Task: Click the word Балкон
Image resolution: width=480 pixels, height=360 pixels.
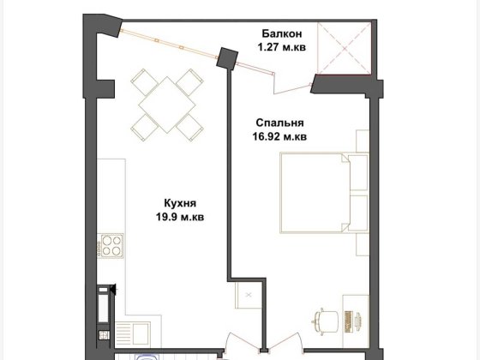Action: pos(282,33)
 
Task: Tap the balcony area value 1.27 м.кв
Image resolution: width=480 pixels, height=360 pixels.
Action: pos(282,47)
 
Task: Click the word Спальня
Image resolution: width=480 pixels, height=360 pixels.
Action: pos(279,123)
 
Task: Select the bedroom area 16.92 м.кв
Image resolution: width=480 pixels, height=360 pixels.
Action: pos(279,136)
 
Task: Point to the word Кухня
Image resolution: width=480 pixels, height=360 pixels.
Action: pos(180,203)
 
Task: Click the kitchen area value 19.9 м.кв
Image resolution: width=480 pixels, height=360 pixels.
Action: pos(180,217)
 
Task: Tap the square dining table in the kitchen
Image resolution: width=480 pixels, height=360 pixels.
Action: pos(167,105)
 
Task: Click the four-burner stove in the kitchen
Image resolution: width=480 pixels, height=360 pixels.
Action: pos(111,246)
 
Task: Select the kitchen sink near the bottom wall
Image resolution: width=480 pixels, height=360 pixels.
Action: pos(133,334)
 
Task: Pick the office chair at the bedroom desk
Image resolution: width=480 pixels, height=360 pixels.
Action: pos(325,321)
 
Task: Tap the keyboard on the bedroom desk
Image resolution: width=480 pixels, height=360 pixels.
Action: pos(348,321)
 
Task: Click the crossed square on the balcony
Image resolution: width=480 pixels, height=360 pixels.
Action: pos(344,48)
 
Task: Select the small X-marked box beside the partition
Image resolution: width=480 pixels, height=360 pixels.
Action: pos(249,295)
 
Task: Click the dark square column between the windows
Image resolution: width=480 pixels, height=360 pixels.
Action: pos(227,58)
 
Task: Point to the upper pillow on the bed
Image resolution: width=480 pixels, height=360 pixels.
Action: pos(358,172)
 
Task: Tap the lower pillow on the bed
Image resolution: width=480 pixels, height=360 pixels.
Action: pos(358,213)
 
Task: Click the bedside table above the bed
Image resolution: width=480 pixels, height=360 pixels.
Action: pos(363,141)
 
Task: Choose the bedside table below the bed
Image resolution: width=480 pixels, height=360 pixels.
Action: pos(363,244)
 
